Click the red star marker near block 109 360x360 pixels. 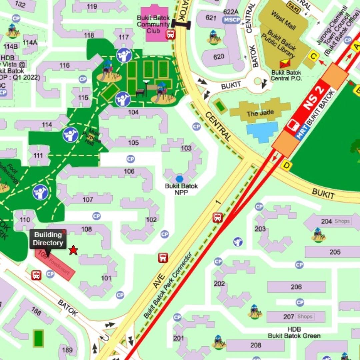(x=73, y=250)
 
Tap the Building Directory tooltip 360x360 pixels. (x=48, y=239)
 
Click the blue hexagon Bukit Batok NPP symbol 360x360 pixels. (x=180, y=179)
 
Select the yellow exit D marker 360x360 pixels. (x=286, y=165)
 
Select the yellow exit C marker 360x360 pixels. (x=313, y=56)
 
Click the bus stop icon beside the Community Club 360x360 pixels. (x=171, y=34)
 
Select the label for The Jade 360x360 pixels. (x=260, y=113)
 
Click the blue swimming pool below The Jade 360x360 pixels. (x=263, y=132)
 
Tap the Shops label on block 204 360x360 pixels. (x=342, y=221)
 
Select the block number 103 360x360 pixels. (x=186, y=148)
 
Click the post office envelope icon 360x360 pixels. (x=285, y=64)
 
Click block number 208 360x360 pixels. (x=256, y=345)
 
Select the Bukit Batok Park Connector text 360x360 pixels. (x=168, y=285)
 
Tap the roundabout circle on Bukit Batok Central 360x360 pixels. (x=257, y=81)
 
